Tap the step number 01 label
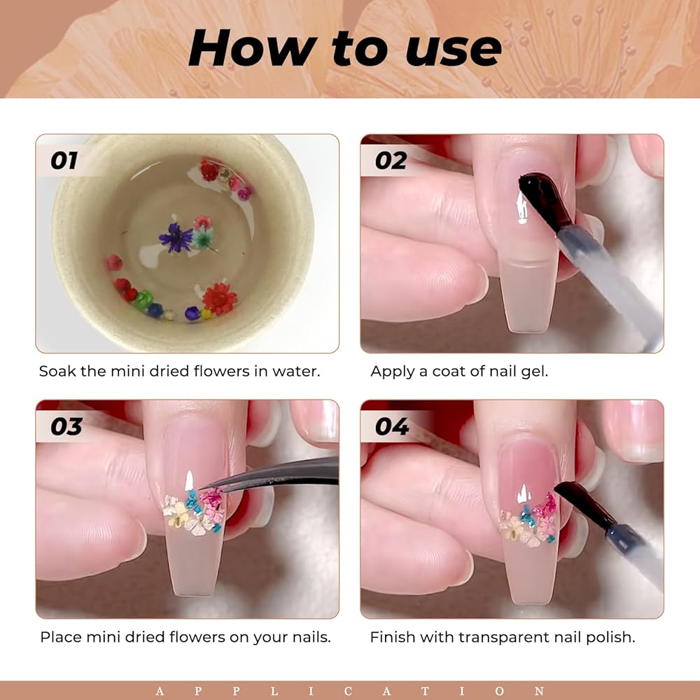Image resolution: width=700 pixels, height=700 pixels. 64,160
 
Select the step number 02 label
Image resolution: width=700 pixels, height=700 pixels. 391,160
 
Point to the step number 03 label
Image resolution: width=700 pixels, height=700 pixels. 66,426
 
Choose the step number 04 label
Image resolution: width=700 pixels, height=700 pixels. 391,426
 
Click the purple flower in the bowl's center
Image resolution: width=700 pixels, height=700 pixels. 176,238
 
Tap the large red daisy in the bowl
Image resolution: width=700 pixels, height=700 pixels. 219,299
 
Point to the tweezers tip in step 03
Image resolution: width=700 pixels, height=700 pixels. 202,489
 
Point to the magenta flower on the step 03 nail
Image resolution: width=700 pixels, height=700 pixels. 213,497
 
